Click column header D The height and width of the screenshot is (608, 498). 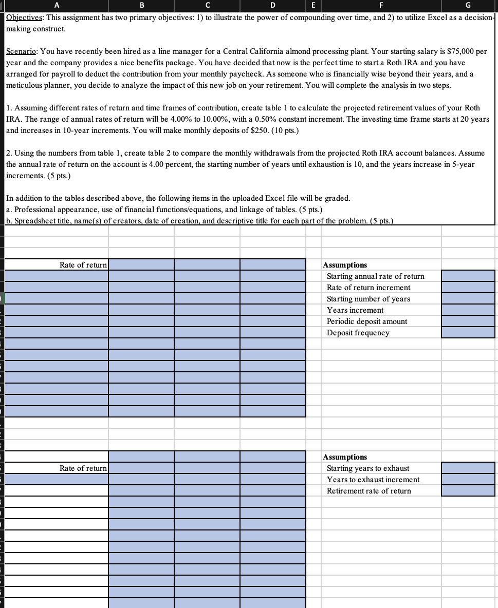[272, 6]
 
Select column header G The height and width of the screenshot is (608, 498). [468, 6]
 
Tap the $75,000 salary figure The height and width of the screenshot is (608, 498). [460, 51]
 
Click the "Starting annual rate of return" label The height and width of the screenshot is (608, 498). [376, 276]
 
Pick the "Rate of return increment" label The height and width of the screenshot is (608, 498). [368, 288]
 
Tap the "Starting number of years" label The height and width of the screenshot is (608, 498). [368, 299]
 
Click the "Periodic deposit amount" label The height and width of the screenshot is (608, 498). [367, 321]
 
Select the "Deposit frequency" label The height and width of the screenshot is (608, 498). [358, 333]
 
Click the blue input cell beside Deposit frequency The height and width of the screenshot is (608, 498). [468, 333]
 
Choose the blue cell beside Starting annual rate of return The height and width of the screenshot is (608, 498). [468, 276]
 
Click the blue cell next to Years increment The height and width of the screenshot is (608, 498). [468, 310]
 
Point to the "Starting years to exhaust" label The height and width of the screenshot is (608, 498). [368, 468]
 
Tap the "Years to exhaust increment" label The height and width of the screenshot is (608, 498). [373, 480]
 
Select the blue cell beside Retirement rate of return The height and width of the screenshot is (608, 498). [468, 491]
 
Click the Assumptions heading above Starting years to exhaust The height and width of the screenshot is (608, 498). [345, 457]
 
